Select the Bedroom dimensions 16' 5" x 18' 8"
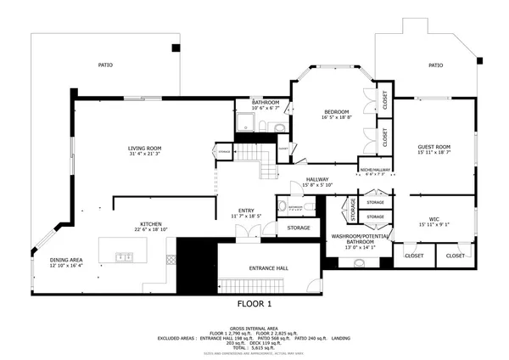[336, 118]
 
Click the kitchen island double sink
[124, 255]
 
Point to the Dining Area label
[65, 260]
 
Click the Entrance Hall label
[268, 267]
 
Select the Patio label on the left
[105, 65]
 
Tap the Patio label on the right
[435, 65]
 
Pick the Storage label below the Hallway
[299, 228]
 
